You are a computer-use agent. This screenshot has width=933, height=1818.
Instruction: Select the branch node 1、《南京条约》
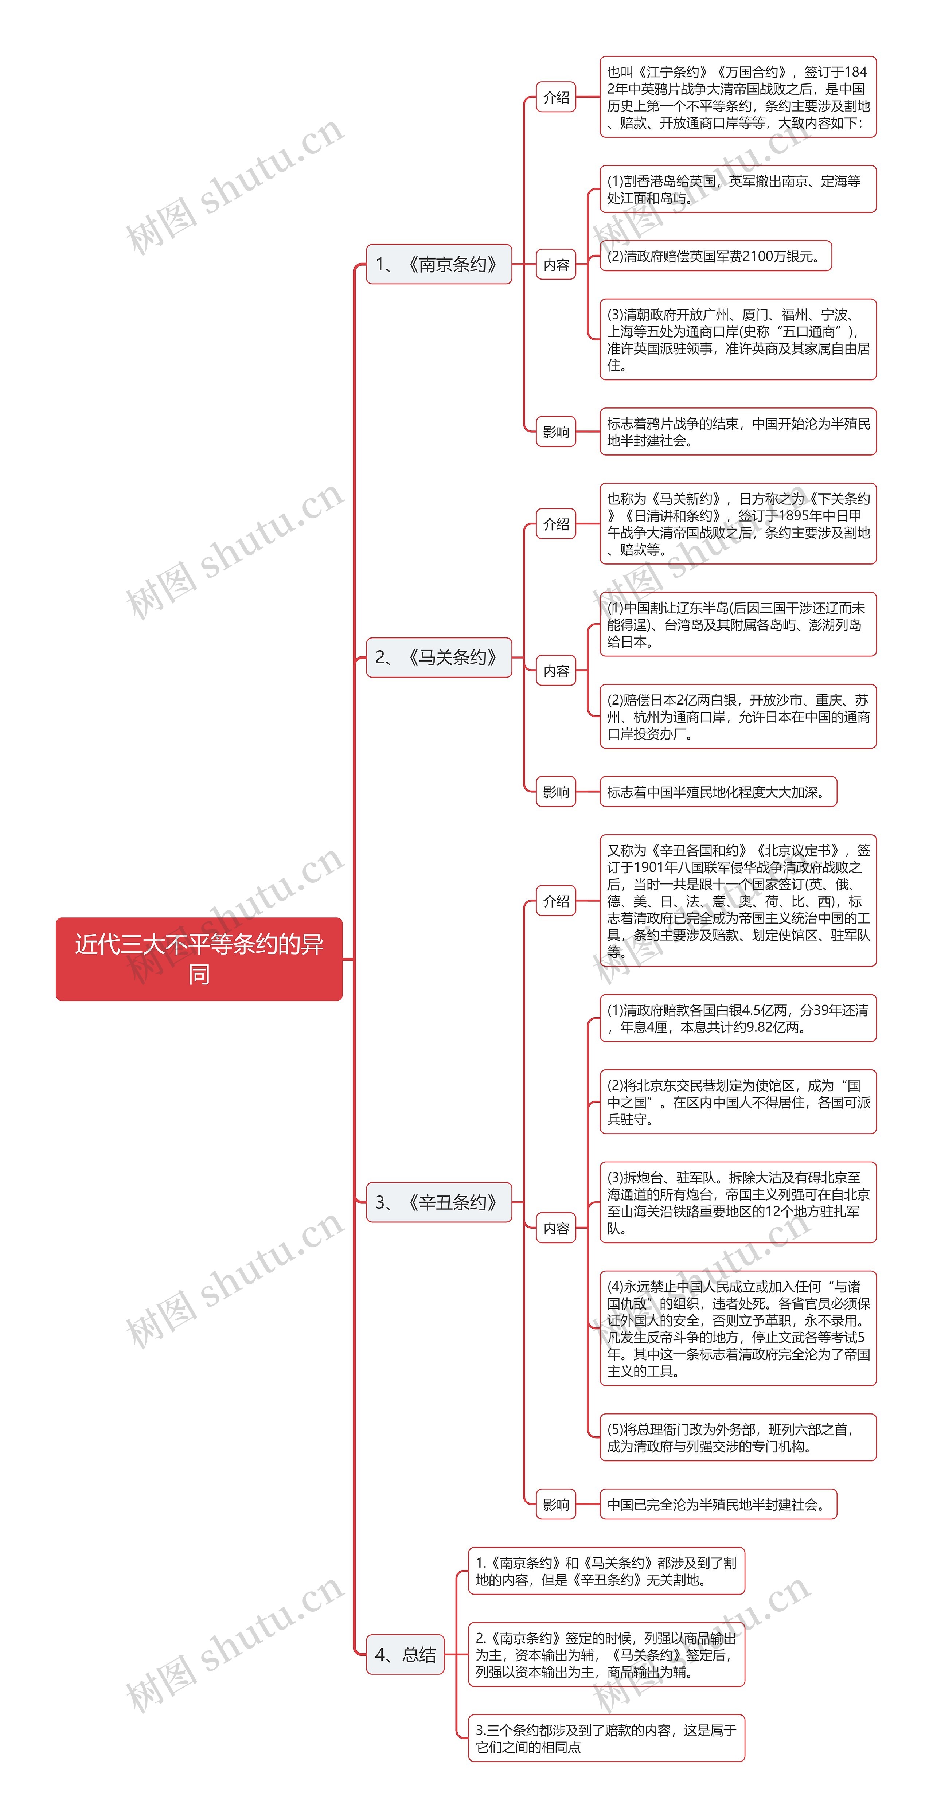pyautogui.click(x=438, y=265)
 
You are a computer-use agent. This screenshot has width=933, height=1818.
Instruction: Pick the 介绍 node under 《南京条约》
pyautogui.click(x=556, y=97)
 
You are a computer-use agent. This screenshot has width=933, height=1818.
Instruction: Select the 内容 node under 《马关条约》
pyautogui.click(x=556, y=671)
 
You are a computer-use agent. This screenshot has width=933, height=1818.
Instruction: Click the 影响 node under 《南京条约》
pyautogui.click(x=556, y=432)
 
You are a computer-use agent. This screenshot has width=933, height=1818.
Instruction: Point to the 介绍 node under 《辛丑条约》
pyautogui.click(x=556, y=901)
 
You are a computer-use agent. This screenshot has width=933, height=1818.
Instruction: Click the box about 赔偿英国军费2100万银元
pyautogui.click(x=715, y=256)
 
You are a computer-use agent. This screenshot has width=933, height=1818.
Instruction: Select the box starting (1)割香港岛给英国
pyautogui.click(x=738, y=189)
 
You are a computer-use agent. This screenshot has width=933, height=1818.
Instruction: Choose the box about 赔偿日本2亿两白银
pyautogui.click(x=738, y=716)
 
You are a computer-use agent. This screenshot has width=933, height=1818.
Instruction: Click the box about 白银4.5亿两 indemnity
pyautogui.click(x=738, y=1018)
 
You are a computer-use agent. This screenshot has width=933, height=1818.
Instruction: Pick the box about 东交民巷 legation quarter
pyautogui.click(x=738, y=1102)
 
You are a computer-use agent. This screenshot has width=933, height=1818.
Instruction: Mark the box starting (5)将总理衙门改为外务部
pyautogui.click(x=738, y=1437)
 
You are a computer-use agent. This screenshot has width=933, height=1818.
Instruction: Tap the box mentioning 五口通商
pyautogui.click(x=738, y=339)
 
